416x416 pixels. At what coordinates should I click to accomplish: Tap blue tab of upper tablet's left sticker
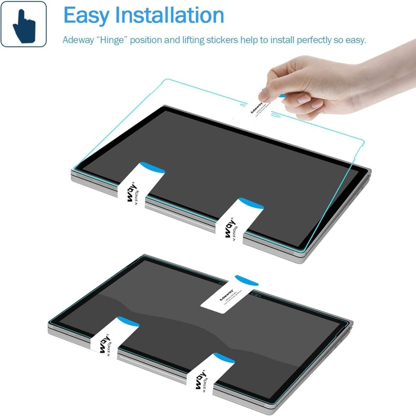pyautogui.click(x=152, y=167)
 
